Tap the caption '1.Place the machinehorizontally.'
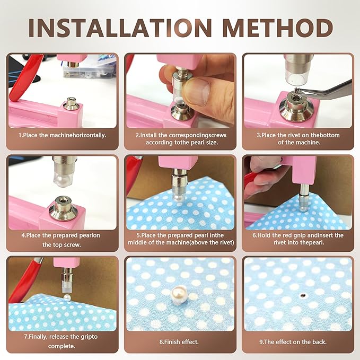tap(63, 135)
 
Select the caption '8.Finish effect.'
tap(180, 342)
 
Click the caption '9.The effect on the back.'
tap(297, 342)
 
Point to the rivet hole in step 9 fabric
tap(303, 293)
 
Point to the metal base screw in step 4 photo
tap(63, 207)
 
